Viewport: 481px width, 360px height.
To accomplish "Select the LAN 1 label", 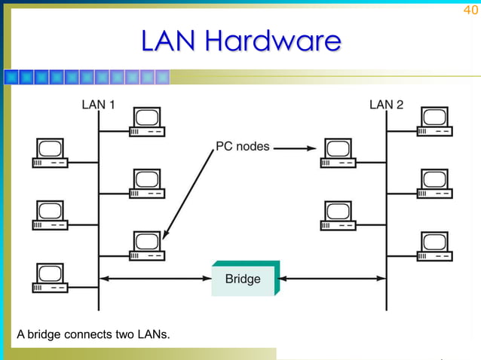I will point(99,105).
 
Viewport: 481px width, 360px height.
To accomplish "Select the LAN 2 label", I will point(386,105).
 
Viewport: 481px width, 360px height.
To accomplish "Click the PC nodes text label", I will point(243,146).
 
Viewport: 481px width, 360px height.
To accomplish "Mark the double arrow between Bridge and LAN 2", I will point(332,279).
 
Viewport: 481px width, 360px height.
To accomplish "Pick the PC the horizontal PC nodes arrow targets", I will point(338,152).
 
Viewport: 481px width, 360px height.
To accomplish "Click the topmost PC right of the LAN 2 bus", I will point(435,122).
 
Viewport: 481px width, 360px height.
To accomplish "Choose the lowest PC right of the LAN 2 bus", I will point(435,246).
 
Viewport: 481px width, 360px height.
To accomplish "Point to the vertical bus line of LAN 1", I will point(98,211).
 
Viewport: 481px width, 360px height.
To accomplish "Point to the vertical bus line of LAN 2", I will point(387,211).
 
